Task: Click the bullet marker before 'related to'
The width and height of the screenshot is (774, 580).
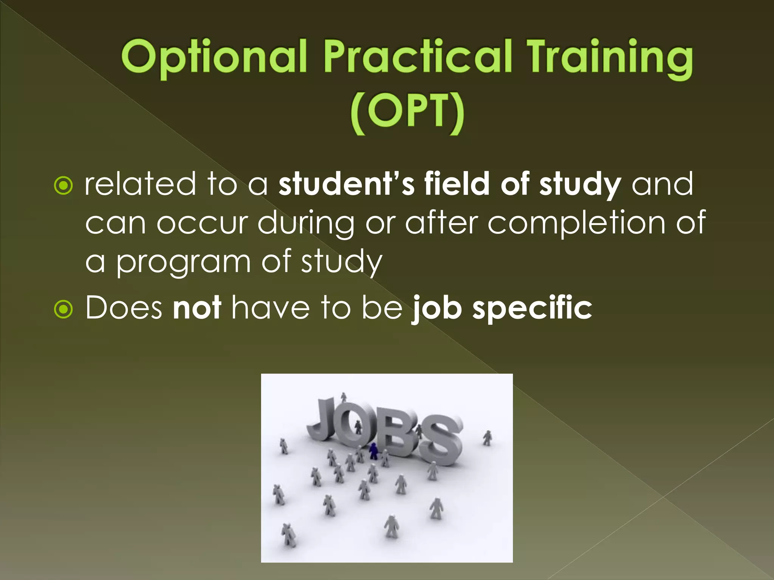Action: [x=63, y=185]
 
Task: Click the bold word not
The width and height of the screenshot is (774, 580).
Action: [x=197, y=308]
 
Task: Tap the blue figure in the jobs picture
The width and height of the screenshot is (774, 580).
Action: [x=373, y=451]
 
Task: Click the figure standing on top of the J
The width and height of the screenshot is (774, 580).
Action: [x=344, y=397]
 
